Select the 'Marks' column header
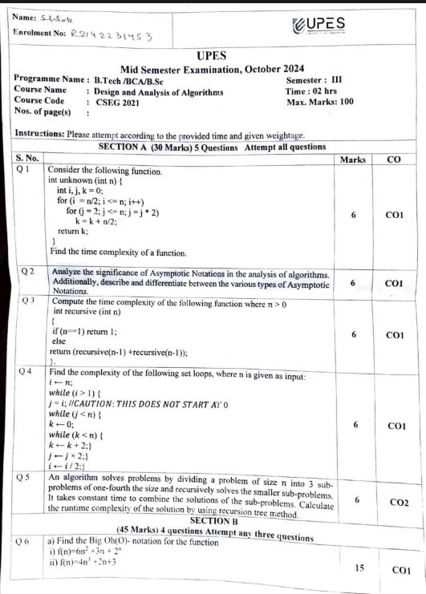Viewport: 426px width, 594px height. pyautogui.click(x=353, y=160)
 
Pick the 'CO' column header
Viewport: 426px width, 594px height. pyautogui.click(x=393, y=160)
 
